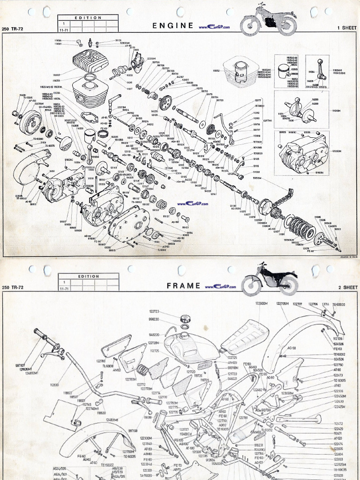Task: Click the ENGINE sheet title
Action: (x=173, y=26)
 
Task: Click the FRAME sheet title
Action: (x=184, y=285)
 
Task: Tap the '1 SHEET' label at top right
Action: (x=347, y=28)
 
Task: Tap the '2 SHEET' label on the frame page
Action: (x=347, y=287)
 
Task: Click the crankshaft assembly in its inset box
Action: (x=300, y=112)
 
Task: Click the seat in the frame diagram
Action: (x=245, y=337)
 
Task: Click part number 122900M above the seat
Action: (x=261, y=304)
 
